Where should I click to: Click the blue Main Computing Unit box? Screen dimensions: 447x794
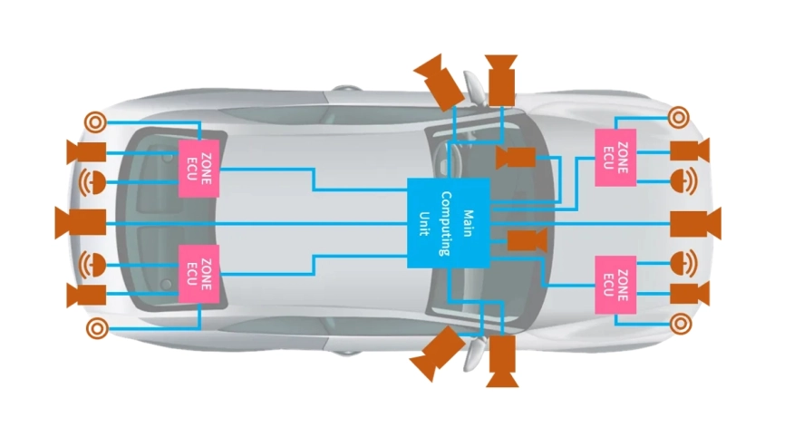[448, 222]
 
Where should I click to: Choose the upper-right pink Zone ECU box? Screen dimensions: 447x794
[615, 156]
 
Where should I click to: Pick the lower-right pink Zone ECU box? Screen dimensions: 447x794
[615, 284]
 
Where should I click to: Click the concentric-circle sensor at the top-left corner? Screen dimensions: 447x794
[95, 120]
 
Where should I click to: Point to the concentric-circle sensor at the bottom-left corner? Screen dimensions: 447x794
[95, 327]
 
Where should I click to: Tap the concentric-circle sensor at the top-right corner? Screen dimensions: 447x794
[679, 116]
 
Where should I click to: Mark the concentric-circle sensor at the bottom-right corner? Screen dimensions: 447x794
[679, 322]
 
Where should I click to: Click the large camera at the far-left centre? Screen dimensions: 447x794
[80, 222]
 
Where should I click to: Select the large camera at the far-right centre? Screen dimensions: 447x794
[696, 222]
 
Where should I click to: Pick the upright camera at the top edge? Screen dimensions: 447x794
[501, 80]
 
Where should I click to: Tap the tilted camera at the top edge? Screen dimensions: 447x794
[438, 79]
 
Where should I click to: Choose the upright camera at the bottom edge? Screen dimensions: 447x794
[501, 360]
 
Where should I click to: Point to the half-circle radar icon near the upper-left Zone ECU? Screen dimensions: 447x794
[93, 181]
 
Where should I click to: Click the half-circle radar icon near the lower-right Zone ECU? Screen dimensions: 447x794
[683, 264]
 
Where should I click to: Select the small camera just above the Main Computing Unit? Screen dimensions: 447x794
[515, 157]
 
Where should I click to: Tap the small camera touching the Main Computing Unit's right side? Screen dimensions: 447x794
[524, 240]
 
